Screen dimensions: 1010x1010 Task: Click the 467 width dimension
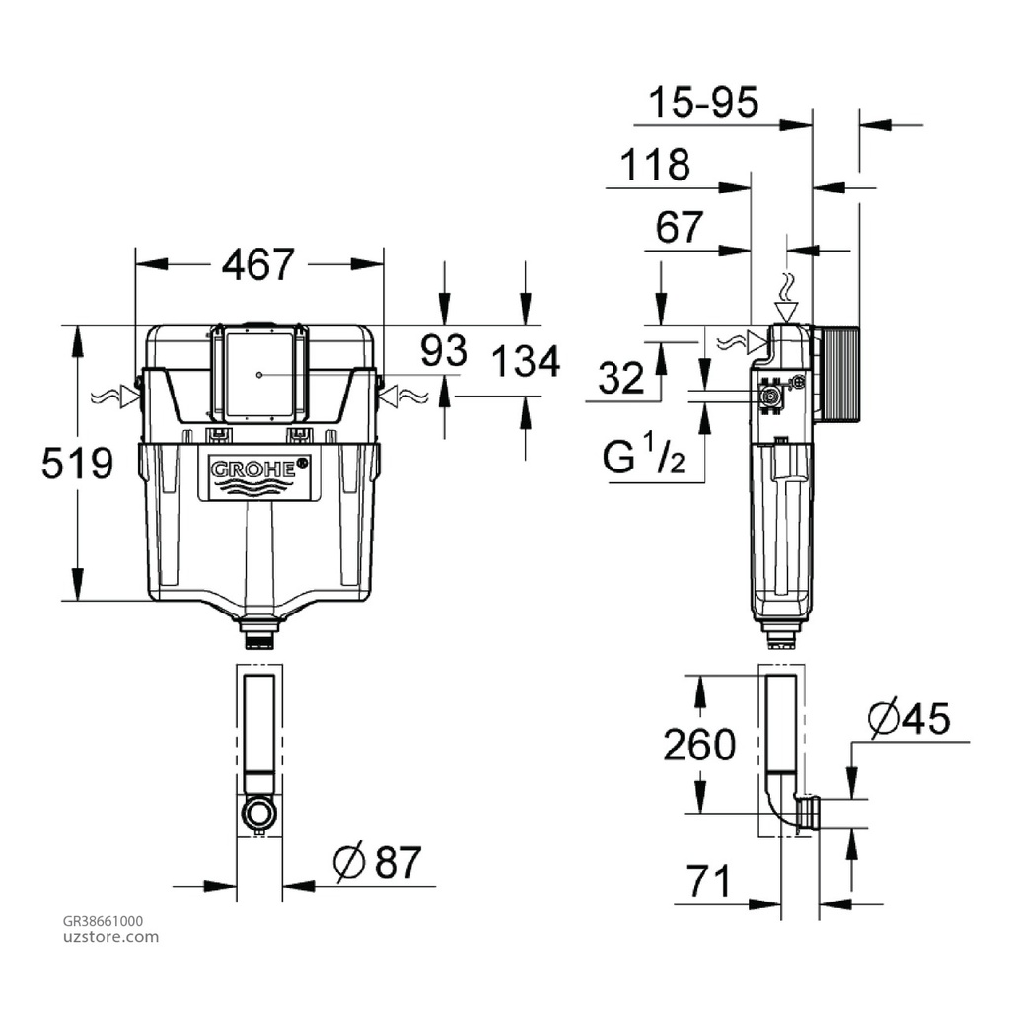(257, 264)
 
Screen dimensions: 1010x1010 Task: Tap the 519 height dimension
(78, 463)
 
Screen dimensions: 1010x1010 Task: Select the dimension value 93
(443, 350)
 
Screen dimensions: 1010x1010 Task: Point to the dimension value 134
(526, 362)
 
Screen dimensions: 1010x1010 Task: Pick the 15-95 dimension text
(704, 103)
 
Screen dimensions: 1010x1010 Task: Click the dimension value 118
(654, 165)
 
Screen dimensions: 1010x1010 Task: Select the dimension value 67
(680, 228)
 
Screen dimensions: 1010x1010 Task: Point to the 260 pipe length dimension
(698, 744)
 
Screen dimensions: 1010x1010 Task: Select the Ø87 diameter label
(377, 864)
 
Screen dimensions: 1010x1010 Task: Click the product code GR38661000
(103, 921)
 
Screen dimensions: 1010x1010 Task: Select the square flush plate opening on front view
(257, 375)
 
